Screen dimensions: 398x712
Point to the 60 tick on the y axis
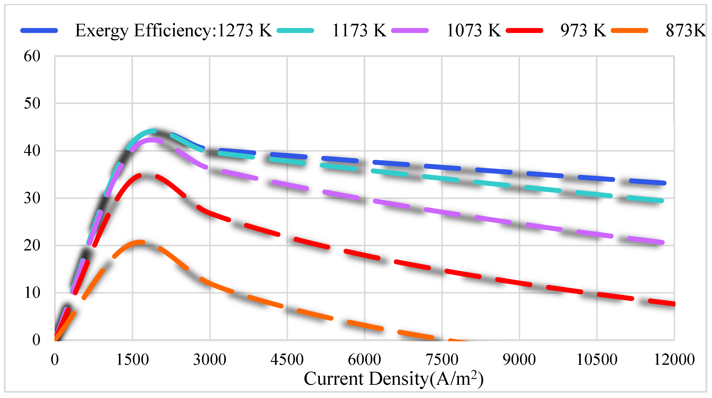click(x=32, y=56)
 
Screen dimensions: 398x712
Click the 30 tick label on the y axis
click(x=32, y=198)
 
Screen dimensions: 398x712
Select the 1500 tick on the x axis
click(x=132, y=360)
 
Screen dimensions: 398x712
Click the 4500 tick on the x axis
click(x=287, y=360)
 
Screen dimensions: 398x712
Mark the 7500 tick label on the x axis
click(x=442, y=360)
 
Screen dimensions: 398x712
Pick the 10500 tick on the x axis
click(x=597, y=360)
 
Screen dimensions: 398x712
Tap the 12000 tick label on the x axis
click(x=674, y=360)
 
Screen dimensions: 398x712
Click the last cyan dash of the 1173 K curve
click(x=645, y=199)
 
